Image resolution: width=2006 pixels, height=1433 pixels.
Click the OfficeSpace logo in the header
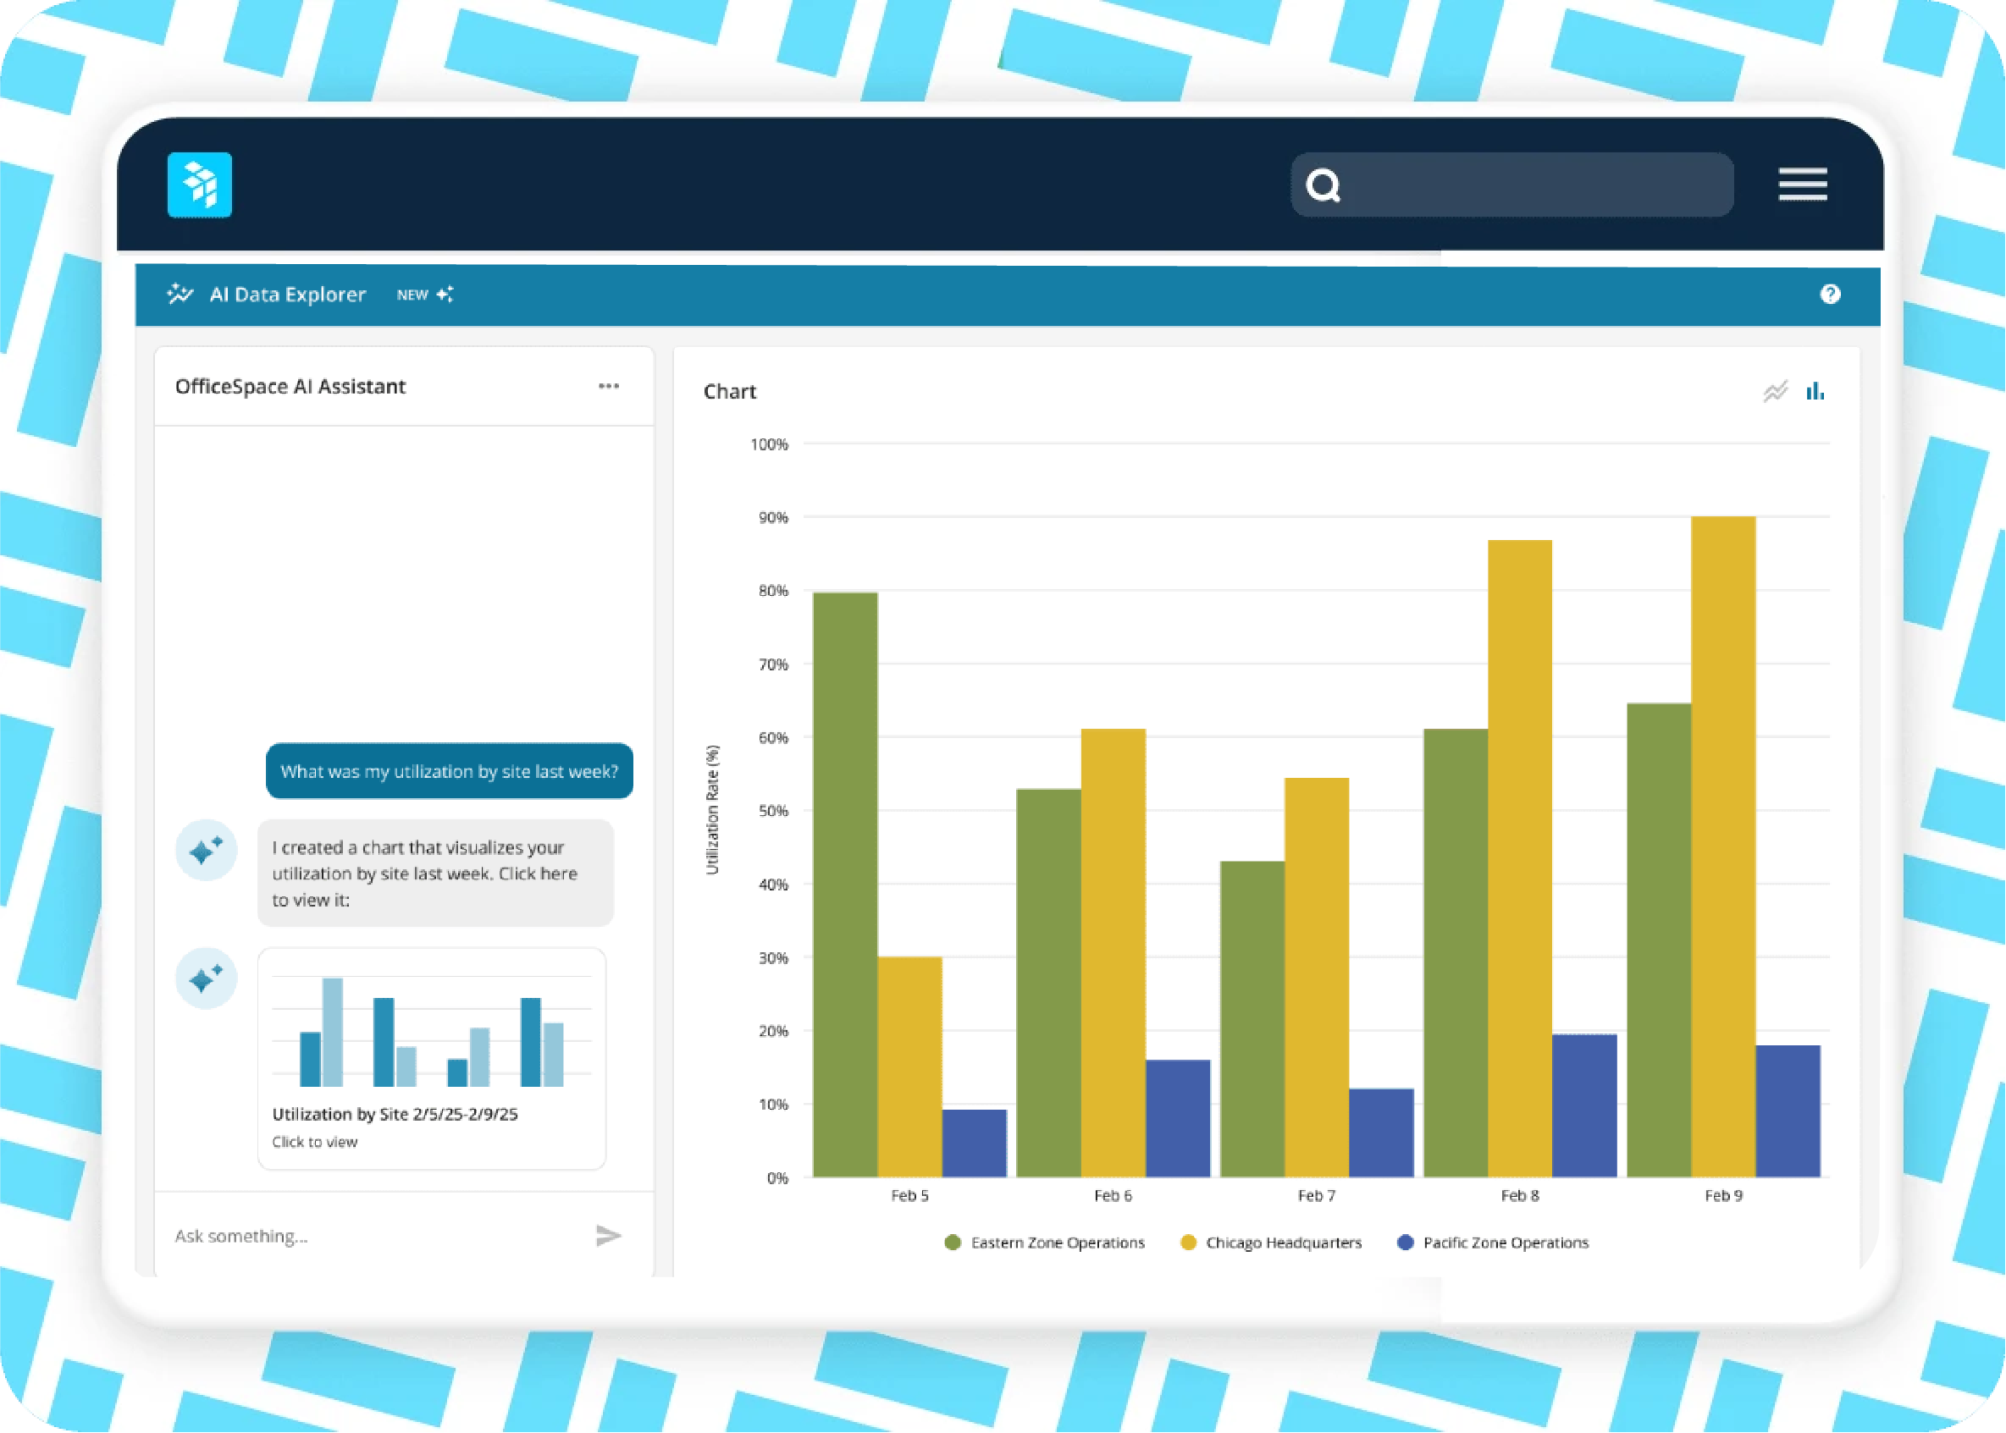200,185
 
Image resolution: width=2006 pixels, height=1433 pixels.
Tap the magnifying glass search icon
1323,185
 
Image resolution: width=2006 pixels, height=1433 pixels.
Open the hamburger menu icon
1802,185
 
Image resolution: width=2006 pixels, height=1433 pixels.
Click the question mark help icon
1831,295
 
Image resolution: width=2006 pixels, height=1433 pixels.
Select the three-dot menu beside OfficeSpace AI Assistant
608,387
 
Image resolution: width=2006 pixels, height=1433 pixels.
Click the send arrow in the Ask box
608,1235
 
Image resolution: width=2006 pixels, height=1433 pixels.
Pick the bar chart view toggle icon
1815,391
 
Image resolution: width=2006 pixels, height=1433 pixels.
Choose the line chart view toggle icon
1775,391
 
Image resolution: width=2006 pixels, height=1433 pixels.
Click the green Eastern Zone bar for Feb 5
844,882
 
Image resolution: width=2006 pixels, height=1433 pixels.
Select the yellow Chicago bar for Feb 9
1722,847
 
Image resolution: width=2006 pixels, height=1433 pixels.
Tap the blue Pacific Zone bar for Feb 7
1381,1133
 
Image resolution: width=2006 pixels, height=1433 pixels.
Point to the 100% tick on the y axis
769,444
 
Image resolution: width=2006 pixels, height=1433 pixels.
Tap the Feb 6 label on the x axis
1112,1196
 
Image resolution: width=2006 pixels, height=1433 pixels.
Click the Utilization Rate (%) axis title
712,810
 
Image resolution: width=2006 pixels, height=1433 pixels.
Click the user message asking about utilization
449,771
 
